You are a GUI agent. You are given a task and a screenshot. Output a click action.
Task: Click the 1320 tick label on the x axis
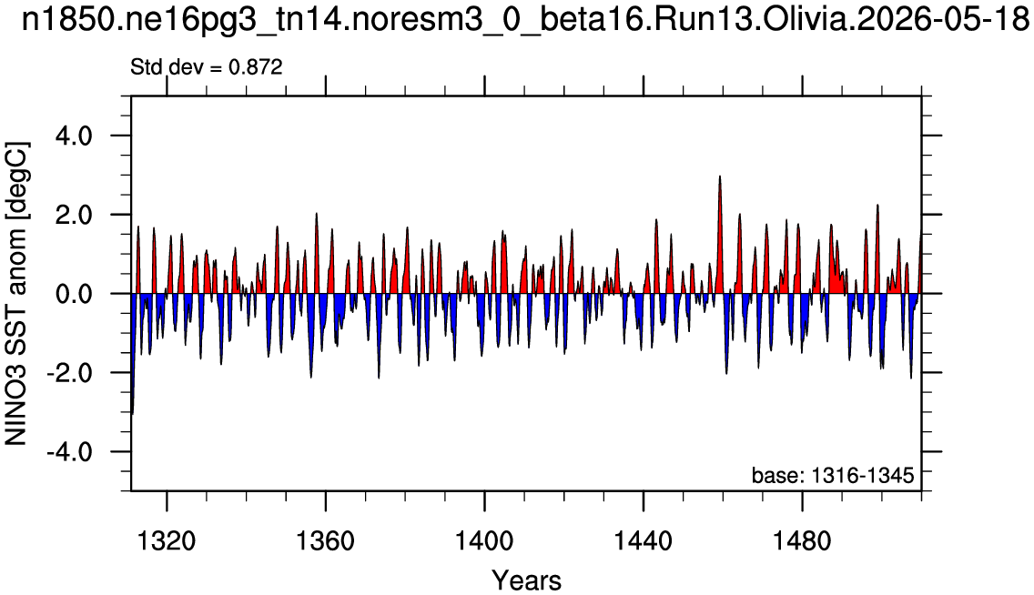167,541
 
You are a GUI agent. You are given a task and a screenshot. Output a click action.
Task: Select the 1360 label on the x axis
325,541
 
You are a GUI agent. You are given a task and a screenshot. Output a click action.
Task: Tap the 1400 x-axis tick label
484,541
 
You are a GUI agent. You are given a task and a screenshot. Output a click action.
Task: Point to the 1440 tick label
643,541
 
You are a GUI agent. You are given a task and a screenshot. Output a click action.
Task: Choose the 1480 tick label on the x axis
802,541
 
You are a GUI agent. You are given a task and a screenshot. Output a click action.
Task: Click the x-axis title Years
527,580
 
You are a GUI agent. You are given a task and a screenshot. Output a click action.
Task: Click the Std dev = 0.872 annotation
207,67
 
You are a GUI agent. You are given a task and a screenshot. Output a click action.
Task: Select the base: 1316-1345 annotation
833,475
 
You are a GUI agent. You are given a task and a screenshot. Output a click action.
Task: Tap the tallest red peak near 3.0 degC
719,176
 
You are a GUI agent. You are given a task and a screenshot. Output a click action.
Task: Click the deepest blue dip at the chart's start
132,413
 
